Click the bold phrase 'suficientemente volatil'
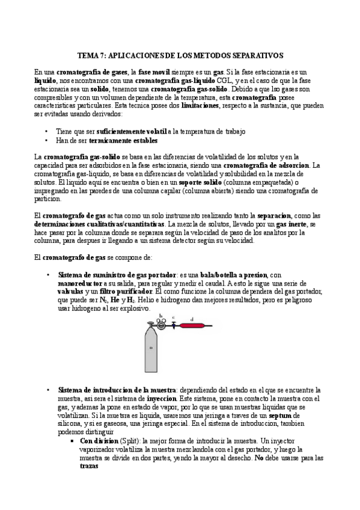(x=127, y=131)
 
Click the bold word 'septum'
(x=281, y=416)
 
